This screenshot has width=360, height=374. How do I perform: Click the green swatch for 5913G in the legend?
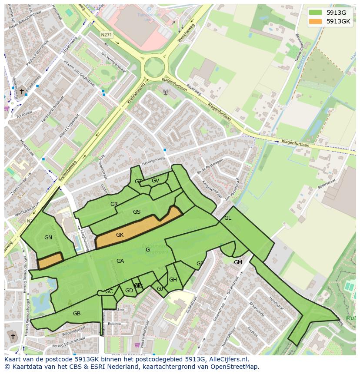pos(315,12)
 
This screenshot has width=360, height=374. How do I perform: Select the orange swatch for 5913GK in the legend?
pos(315,21)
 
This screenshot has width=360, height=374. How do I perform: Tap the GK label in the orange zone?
pos(120,235)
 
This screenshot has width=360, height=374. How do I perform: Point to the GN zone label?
pos(48,238)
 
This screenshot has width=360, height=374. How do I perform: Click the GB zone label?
pos(77,314)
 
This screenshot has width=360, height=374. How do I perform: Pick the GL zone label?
pos(227,218)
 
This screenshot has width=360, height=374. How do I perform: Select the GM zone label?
pos(238,262)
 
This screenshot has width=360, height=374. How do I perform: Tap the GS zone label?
pos(137,212)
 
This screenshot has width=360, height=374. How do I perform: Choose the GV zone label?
pos(155,181)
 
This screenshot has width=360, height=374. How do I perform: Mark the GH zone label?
pos(173,280)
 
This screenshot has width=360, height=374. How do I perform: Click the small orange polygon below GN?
pos(50,261)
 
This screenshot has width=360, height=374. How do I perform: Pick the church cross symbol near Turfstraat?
pos(22,92)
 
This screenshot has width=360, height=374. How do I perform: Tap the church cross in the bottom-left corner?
pos(13,337)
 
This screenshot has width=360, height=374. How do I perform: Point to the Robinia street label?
pos(114,324)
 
